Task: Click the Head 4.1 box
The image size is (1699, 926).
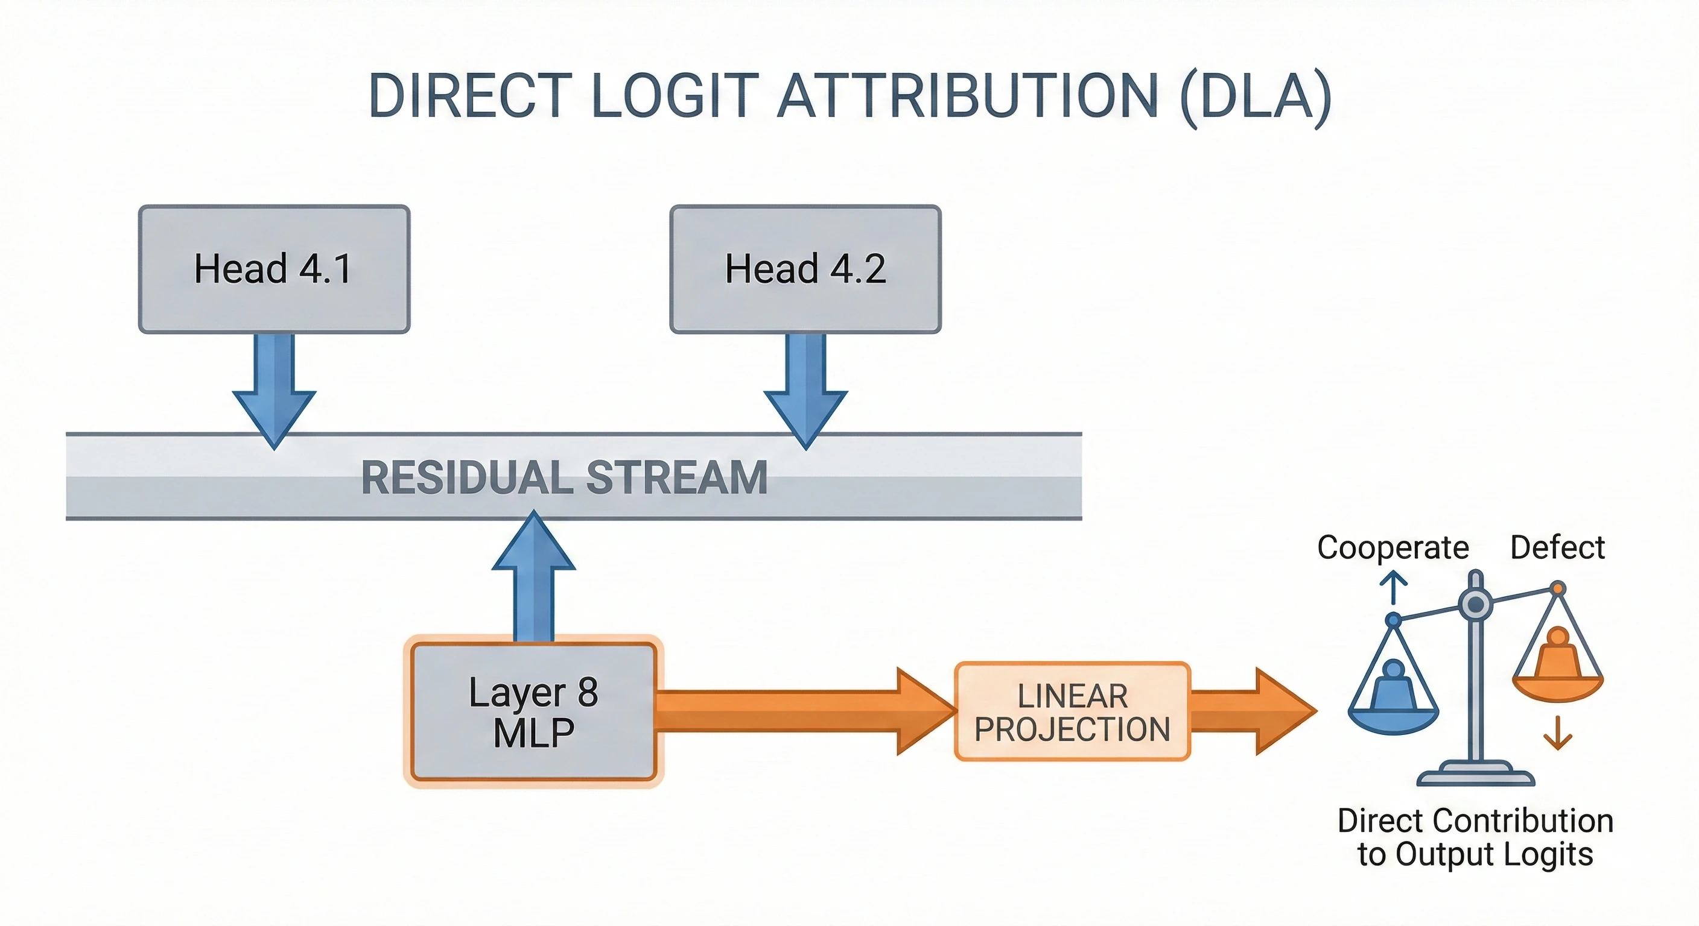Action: coord(274,269)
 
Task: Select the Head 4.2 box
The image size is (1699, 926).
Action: coord(805,269)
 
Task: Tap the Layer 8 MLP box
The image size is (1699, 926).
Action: coord(533,712)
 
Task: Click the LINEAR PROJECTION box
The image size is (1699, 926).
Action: coord(1072,712)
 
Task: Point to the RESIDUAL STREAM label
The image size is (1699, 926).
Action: coord(565,477)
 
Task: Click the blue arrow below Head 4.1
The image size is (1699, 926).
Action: coord(274,389)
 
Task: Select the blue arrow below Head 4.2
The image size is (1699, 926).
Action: coord(805,389)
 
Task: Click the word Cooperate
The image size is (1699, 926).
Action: coord(1393,547)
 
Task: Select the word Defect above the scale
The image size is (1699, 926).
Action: coord(1557,547)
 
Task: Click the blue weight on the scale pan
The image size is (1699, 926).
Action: coord(1393,688)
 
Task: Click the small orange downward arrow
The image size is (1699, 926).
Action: coord(1558,733)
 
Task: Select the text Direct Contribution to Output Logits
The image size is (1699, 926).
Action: coord(1475,837)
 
